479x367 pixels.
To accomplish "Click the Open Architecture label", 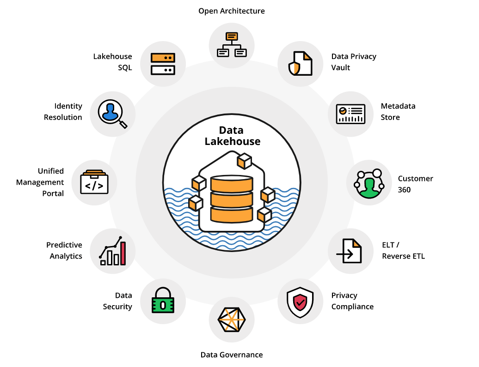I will coord(232,11).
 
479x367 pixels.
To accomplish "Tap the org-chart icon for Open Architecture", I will coord(232,45).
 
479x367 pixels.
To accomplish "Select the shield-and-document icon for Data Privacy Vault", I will coord(300,63).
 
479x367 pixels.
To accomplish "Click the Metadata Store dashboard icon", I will coord(350,114).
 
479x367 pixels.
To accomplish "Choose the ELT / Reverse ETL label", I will coord(403,250).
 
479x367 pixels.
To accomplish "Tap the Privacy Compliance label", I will coord(352,301).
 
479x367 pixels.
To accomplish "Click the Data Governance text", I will coord(232,355).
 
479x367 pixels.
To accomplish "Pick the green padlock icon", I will coord(163,301).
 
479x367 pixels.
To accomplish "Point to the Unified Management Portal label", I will coord(40,182).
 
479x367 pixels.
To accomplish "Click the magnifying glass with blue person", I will coord(112,113).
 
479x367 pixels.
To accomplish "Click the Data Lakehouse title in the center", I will coord(232,136).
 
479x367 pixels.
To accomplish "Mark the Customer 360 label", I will coord(415,184).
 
